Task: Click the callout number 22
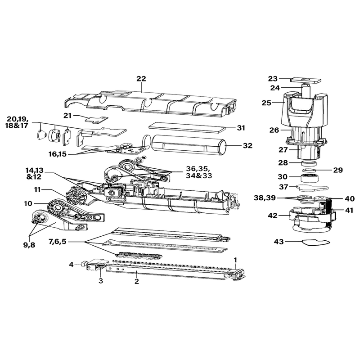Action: click(x=141, y=78)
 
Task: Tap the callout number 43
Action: click(x=279, y=242)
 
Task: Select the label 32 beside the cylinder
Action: click(x=247, y=145)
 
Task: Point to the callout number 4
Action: click(x=72, y=265)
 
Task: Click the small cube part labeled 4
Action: click(x=83, y=263)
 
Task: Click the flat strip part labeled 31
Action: click(x=187, y=127)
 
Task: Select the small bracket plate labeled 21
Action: click(x=96, y=119)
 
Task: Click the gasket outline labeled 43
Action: click(x=316, y=243)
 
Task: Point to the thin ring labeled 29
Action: click(x=309, y=171)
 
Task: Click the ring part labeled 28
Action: click(x=309, y=164)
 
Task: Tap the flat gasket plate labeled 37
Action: click(x=312, y=188)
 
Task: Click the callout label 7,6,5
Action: click(x=58, y=242)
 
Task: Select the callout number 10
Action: click(x=28, y=203)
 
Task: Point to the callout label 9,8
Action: click(x=29, y=245)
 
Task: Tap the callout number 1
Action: click(x=235, y=260)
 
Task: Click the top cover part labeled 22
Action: click(x=150, y=104)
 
